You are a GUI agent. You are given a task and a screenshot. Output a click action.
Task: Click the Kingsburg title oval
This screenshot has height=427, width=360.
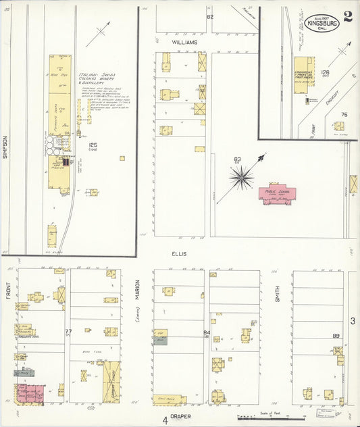pyautogui.click(x=322, y=22)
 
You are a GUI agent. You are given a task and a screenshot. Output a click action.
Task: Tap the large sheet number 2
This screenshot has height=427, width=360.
pyautogui.click(x=347, y=17)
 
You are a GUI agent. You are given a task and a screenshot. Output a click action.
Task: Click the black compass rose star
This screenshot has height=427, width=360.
pyautogui.click(x=241, y=178)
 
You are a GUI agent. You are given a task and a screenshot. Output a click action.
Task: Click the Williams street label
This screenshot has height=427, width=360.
pyautogui.click(x=184, y=42)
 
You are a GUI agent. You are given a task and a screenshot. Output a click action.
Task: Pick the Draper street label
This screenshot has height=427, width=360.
pyautogui.click(x=179, y=416)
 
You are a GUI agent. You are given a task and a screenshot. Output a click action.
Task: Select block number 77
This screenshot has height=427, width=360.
pyautogui.click(x=68, y=331)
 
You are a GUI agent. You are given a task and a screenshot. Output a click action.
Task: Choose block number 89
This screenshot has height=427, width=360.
pyautogui.click(x=336, y=336)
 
